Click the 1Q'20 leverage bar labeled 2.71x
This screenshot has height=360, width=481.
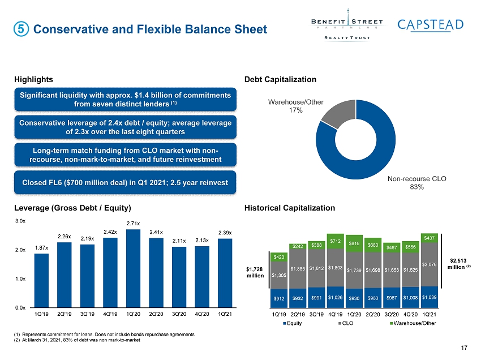(x=133, y=268)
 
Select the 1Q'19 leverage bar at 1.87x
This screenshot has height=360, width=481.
(x=41, y=281)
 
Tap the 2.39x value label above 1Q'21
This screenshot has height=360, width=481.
(x=225, y=233)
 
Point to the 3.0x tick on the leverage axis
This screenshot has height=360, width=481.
(x=20, y=221)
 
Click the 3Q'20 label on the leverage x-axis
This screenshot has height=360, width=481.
(x=179, y=314)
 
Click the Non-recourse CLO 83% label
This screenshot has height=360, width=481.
(x=416, y=183)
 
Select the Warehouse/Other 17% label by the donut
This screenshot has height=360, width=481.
(x=296, y=106)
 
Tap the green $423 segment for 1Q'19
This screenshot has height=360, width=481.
(x=279, y=257)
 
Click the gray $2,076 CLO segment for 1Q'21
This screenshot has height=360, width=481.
(x=429, y=264)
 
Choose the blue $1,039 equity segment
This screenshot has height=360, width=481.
(x=429, y=297)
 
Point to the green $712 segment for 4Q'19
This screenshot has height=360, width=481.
(x=336, y=241)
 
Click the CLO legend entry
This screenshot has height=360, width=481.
(x=346, y=323)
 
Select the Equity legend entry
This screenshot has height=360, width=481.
(x=293, y=323)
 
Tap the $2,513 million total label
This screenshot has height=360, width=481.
(x=458, y=264)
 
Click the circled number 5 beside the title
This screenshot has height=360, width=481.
(x=21, y=29)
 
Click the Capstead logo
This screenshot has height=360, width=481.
(x=431, y=25)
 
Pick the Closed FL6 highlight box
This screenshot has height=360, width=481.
(x=125, y=183)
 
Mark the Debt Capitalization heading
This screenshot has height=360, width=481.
(x=280, y=79)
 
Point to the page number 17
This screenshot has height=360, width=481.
(x=464, y=348)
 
